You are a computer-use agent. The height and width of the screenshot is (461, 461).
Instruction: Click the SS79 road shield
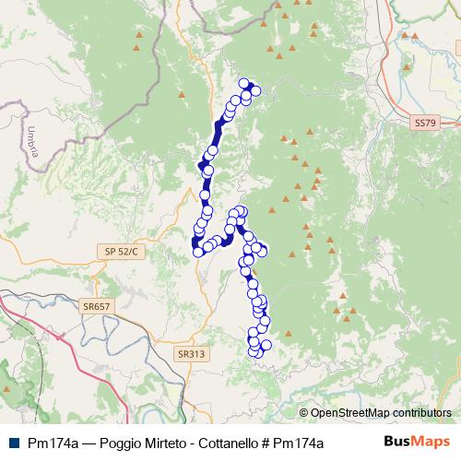423,123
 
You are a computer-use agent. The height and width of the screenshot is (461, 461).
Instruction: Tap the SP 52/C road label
121,251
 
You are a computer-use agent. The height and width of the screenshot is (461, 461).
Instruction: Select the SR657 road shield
96,307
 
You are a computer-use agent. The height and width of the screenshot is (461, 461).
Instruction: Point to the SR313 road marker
190,352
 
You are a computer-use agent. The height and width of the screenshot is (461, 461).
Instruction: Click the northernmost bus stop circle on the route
244,82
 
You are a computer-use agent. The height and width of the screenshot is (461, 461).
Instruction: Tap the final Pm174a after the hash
313,443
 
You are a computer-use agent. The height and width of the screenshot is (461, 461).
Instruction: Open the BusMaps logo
417,443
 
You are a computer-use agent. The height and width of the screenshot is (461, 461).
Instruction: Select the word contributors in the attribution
420,413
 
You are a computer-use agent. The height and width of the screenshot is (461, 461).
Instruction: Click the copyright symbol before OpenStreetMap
303,413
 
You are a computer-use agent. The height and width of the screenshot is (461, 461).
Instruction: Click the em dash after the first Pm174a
88,443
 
